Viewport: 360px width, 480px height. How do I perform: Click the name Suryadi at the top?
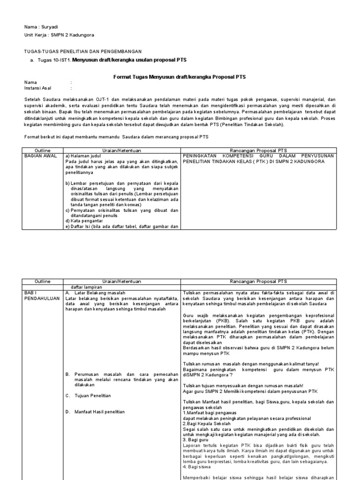[49, 27]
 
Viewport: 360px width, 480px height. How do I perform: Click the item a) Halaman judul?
[84, 155]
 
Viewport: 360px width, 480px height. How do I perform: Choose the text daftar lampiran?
[86, 286]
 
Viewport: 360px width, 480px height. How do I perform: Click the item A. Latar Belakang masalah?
[94, 292]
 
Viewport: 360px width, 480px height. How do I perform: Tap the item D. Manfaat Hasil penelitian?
[95, 412]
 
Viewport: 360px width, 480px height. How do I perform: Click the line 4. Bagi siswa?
[195, 467]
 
